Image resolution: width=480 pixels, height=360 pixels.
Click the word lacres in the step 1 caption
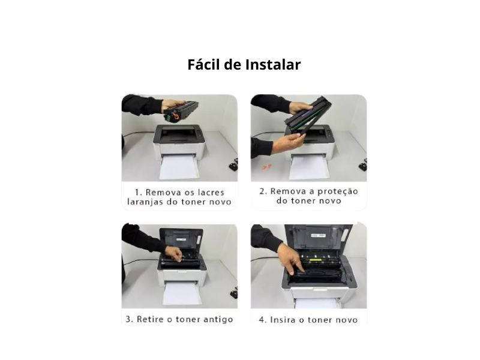(x=209, y=192)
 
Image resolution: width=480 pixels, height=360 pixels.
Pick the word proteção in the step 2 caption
(x=335, y=191)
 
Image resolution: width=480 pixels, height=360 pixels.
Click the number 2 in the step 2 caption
(x=262, y=191)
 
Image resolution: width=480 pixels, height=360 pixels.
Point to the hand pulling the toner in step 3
(x=173, y=254)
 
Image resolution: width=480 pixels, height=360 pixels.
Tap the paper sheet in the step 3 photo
(x=180, y=294)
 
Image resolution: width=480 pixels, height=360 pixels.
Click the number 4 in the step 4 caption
(x=262, y=319)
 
